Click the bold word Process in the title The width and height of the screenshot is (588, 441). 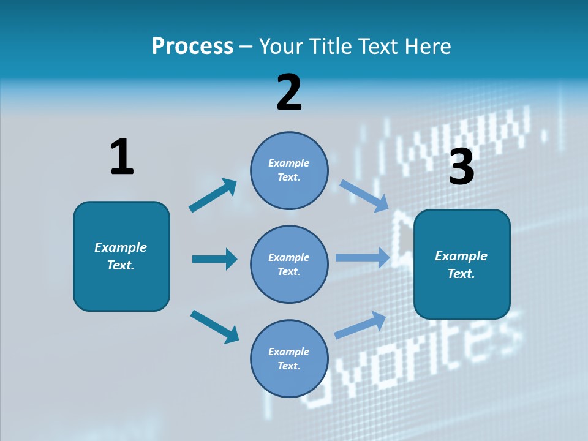(x=192, y=47)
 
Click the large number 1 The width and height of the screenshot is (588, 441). (x=122, y=157)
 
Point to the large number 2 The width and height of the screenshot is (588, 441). (x=289, y=92)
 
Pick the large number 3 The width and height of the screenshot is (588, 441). (x=462, y=167)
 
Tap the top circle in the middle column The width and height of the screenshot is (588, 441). (x=289, y=170)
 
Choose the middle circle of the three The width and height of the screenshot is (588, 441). (x=289, y=264)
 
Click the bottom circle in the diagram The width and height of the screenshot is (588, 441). (x=289, y=358)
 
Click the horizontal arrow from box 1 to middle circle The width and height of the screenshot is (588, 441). (x=214, y=259)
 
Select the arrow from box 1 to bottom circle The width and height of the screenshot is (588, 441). (x=214, y=326)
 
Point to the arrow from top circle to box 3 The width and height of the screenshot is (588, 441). (x=364, y=195)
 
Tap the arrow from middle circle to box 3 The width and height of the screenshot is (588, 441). (x=363, y=257)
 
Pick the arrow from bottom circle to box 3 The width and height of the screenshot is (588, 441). (x=360, y=325)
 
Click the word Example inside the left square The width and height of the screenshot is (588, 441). (x=121, y=247)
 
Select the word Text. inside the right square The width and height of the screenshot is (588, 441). (x=461, y=274)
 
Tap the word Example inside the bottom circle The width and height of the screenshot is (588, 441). (x=288, y=352)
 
